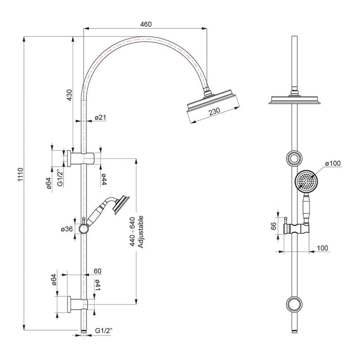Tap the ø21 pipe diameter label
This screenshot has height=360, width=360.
[100, 118]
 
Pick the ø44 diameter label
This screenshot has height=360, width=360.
[103, 179]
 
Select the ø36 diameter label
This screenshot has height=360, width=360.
[66, 229]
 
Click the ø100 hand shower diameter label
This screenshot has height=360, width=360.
[333, 164]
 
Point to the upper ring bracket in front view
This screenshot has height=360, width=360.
[295, 158]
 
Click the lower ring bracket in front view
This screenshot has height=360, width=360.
[295, 304]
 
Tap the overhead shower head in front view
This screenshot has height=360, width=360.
[295, 100]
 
